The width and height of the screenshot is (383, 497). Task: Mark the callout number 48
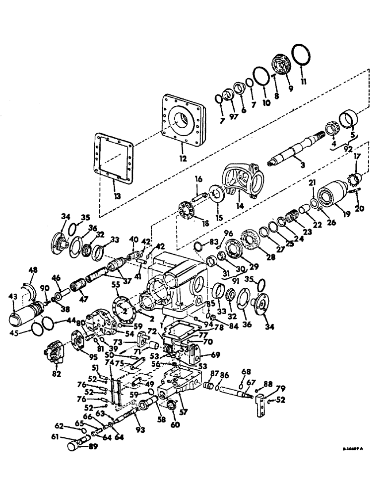32,270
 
